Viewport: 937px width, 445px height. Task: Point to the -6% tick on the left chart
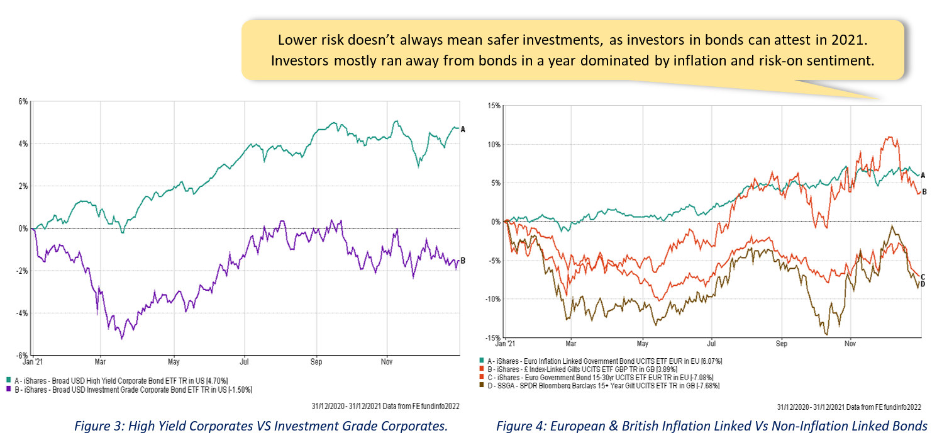pos(21,356)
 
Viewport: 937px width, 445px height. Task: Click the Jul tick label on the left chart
pos(245,363)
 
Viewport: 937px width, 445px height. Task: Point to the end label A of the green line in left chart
pos(463,129)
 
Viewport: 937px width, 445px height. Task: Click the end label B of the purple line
pos(463,261)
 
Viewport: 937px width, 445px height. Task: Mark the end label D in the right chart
pos(923,284)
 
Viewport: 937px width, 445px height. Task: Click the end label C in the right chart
pos(923,277)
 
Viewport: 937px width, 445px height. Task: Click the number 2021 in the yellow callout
pos(851,40)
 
